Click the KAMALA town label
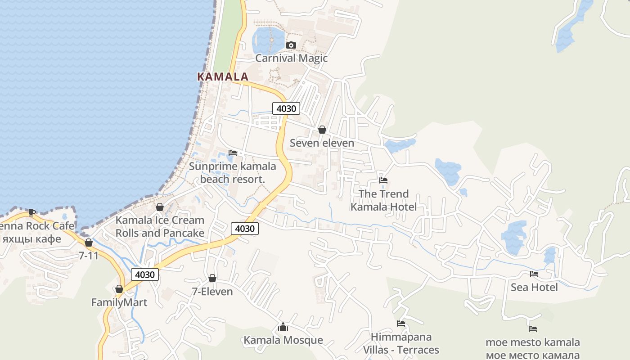pos(223,76)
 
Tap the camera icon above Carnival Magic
pos(291,45)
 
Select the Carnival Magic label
pos(291,58)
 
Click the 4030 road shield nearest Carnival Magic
pos(286,108)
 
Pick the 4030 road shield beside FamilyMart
pos(145,274)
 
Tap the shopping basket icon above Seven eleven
pos(322,130)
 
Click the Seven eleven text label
pos(322,143)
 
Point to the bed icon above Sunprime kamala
pos(232,153)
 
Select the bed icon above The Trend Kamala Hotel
pos(383,180)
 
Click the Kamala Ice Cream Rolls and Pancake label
pos(160,226)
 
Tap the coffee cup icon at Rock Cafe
pos(32,212)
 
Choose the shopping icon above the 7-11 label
pos(89,243)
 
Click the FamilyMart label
pos(119,302)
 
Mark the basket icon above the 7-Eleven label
pos(212,278)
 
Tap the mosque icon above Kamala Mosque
pos(283,327)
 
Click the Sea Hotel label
pos(534,287)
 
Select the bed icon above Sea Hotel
pos(534,274)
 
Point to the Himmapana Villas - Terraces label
pos(401,343)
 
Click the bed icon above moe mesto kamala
pos(533,329)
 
